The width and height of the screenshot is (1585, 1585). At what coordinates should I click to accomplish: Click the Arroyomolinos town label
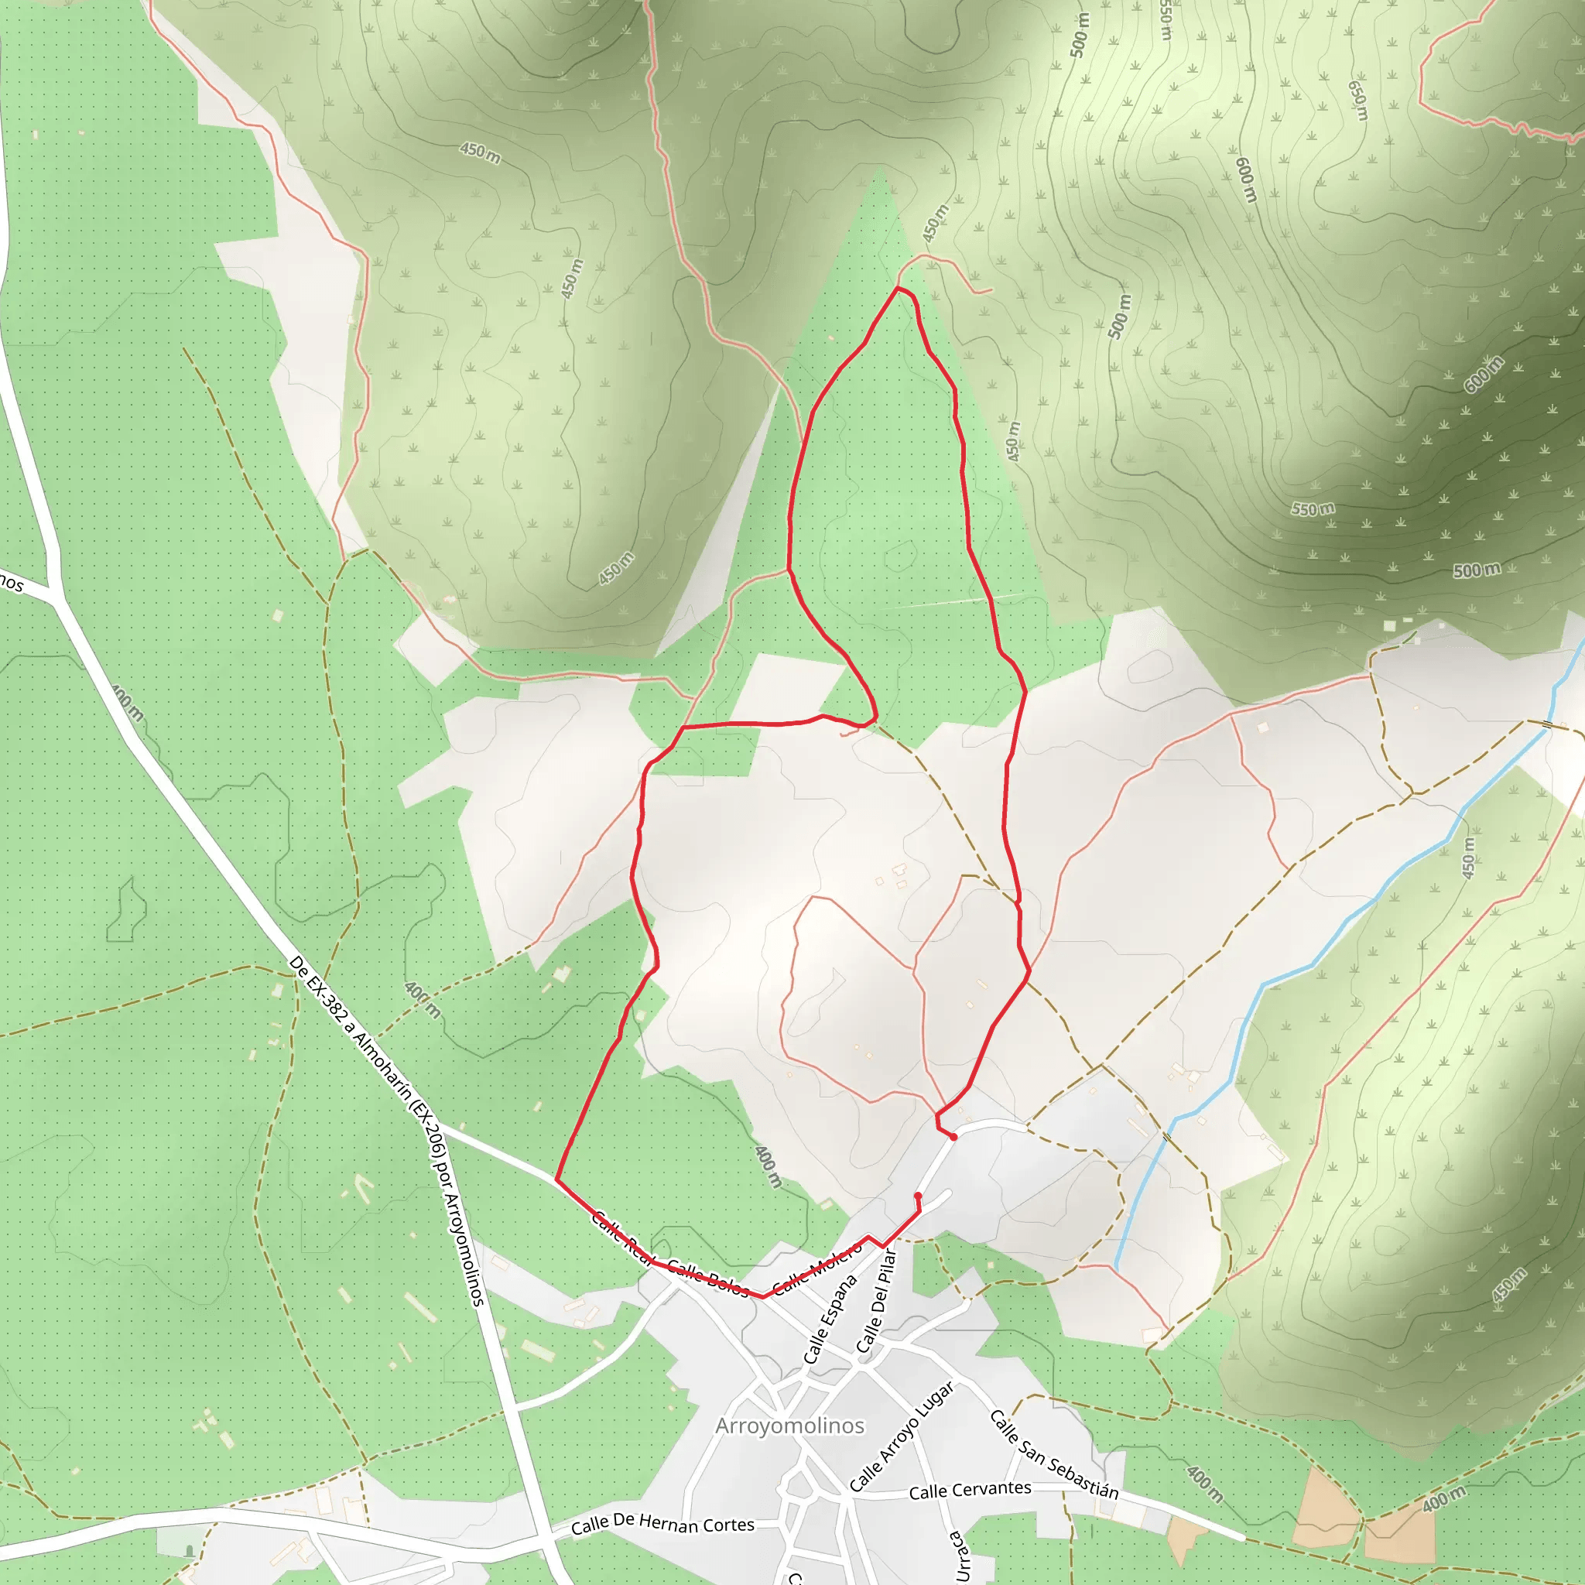[x=789, y=1426]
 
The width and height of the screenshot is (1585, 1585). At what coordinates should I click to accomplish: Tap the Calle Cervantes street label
[x=970, y=1490]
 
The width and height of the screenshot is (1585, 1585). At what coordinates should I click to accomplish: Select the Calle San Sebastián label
[x=1054, y=1454]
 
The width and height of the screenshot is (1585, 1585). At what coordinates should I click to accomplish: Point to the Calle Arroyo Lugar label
[x=902, y=1436]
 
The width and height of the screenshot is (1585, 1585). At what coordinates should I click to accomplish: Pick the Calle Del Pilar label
[x=877, y=1300]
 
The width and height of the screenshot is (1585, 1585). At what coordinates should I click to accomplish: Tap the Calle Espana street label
[x=830, y=1320]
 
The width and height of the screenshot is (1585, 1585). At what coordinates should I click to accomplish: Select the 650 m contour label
[x=1357, y=100]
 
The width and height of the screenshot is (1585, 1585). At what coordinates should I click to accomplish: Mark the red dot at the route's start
[x=953, y=1137]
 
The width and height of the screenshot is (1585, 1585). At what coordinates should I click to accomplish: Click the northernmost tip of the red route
[x=898, y=288]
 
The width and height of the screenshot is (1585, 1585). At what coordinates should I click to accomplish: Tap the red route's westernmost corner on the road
[x=557, y=1179]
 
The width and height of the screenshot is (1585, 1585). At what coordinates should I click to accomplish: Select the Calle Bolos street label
[x=708, y=1277]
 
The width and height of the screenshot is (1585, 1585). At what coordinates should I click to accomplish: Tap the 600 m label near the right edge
[x=1484, y=374]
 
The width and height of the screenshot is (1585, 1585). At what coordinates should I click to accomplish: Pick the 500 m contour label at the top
[x=1080, y=36]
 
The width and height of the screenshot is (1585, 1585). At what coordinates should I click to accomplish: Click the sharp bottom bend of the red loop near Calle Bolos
[x=763, y=1297]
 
